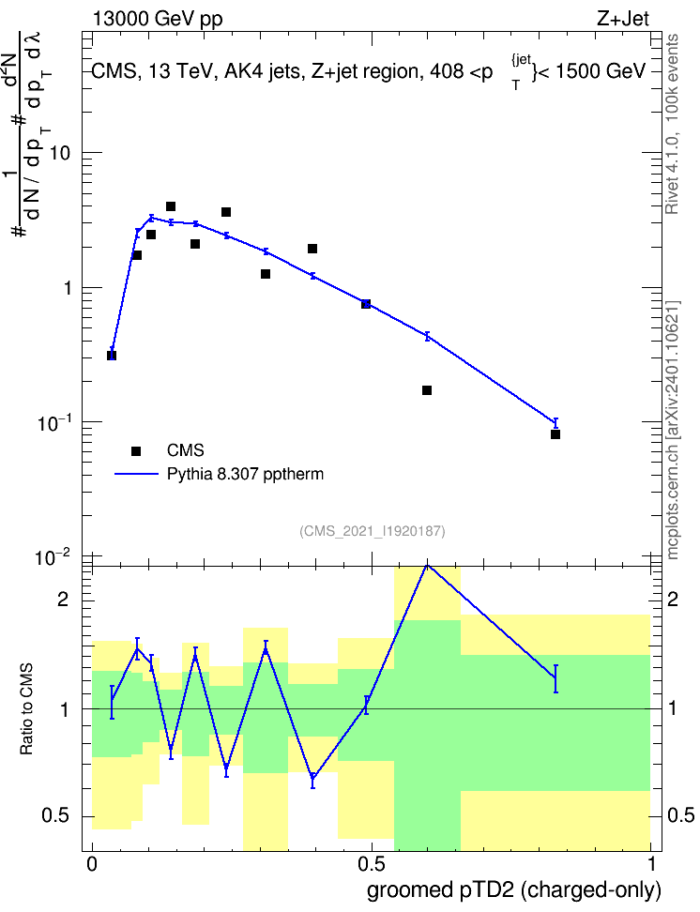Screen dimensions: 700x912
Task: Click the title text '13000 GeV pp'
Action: coord(157,19)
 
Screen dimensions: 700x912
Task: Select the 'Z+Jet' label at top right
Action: coord(623,19)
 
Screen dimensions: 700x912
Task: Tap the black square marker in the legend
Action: coord(136,450)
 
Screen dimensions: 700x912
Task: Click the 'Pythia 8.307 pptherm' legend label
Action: coord(245,474)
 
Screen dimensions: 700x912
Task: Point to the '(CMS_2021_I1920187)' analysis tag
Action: coord(373,531)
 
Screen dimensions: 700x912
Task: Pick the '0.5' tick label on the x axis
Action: coord(372,864)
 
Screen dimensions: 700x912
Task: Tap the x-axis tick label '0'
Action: coord(92,864)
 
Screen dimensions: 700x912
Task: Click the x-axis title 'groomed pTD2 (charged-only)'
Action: coord(514,890)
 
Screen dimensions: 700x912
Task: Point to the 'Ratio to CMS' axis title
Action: coord(26,709)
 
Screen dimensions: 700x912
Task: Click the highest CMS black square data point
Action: coord(171,206)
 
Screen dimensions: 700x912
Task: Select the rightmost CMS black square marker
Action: coord(555,434)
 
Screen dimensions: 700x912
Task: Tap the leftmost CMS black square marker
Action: coord(112,356)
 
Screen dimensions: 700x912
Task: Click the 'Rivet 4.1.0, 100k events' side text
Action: coord(672,124)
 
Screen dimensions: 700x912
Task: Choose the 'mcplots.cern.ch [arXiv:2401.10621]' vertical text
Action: coord(673,430)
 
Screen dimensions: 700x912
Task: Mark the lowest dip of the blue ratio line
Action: coord(313,777)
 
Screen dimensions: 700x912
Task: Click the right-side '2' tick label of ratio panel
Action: coord(673,600)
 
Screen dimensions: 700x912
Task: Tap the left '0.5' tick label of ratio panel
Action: coord(56,816)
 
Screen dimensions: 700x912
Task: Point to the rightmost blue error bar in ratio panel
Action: coord(555,678)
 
